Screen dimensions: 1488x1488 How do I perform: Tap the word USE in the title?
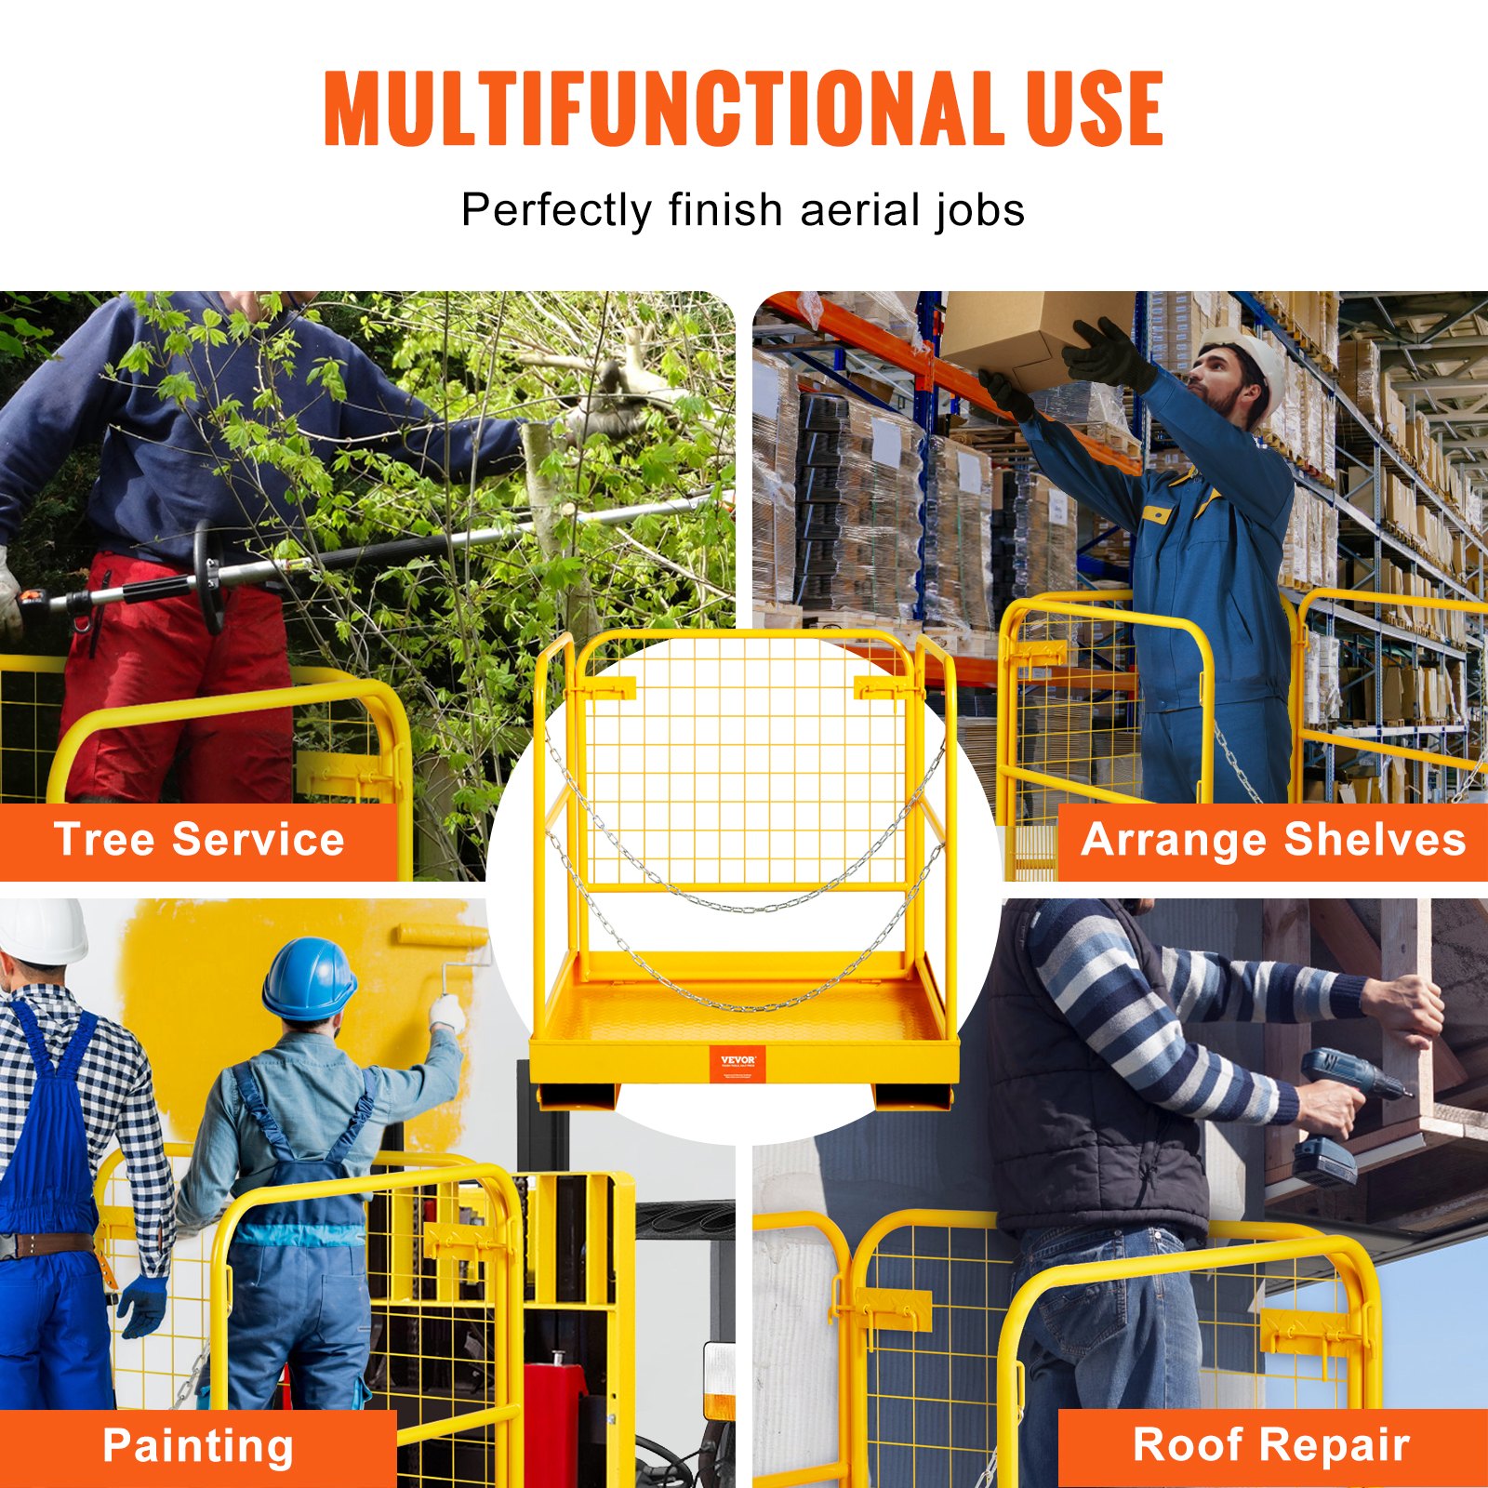click(1095, 109)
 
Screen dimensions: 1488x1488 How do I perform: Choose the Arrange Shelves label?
click(1272, 840)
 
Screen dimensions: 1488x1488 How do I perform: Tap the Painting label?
click(198, 1446)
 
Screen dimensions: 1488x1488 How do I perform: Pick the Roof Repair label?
click(1270, 1446)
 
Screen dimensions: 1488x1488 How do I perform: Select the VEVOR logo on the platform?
click(737, 1062)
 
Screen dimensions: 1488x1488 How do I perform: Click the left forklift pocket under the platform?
click(577, 1096)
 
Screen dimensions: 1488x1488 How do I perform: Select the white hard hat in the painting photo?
click(42, 930)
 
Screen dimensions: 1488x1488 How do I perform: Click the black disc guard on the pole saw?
click(208, 577)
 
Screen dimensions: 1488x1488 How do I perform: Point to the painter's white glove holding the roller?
click(447, 1012)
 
